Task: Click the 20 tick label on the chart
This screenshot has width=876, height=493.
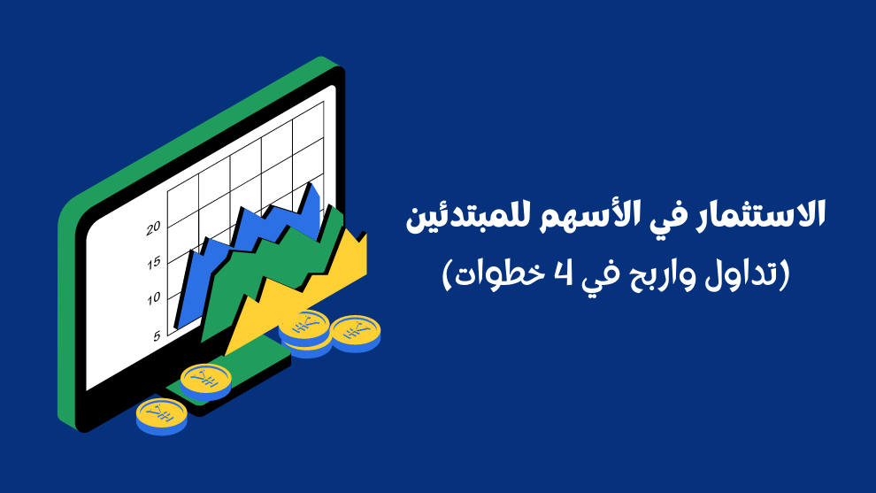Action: coord(153,227)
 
